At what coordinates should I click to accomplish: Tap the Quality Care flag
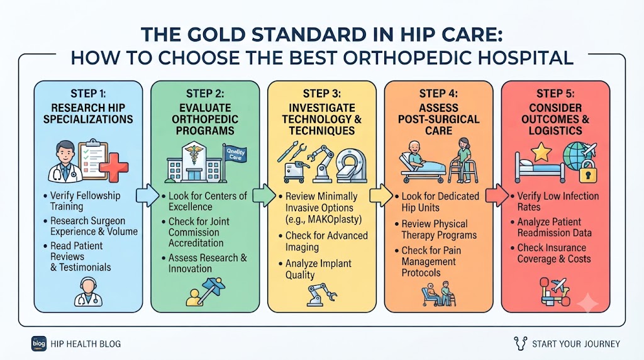coord(235,154)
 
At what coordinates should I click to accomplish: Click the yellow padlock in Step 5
coord(588,171)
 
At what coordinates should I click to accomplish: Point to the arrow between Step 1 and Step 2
coord(147,196)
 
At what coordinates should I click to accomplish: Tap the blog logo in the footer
coord(39,344)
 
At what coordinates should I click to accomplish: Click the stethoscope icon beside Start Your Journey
coord(520,343)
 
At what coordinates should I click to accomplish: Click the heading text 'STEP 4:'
coord(438,94)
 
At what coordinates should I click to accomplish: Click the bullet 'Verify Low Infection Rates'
coord(557,201)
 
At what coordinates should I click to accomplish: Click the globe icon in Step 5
coord(577,155)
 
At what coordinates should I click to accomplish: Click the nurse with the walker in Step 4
coord(464,160)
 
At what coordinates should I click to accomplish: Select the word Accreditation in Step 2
coord(196,243)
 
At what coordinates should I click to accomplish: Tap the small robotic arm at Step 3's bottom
coord(321,295)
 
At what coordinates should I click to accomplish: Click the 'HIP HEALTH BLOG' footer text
coord(86,344)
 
